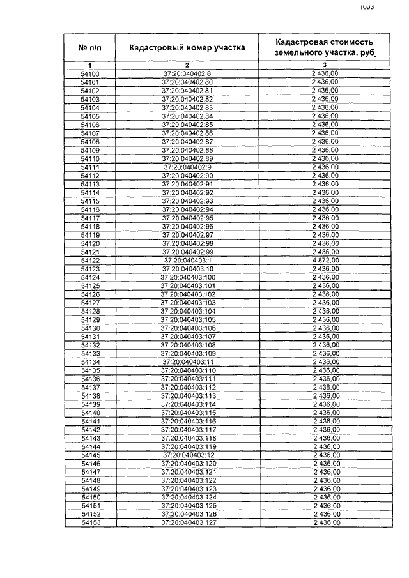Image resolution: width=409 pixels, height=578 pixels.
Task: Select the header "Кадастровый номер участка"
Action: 187,47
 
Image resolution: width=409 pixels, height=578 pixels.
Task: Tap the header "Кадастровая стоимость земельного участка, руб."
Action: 324,47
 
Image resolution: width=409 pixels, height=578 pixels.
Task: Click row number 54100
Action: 90,74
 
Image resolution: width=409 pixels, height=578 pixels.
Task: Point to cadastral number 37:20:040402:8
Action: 187,74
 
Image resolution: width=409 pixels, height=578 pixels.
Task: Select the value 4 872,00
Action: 325,261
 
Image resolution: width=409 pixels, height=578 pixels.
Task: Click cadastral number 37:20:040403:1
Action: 187,261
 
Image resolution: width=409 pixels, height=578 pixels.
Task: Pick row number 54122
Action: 90,261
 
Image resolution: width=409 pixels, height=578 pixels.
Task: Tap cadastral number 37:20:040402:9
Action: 187,167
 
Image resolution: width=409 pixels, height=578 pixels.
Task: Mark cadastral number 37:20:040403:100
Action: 188,277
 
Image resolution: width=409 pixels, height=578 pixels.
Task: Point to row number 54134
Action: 90,362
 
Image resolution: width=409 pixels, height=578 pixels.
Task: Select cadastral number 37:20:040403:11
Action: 187,362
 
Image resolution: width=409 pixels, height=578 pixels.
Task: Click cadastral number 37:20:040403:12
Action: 187,455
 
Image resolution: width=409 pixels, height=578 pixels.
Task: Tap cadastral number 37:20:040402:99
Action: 187,252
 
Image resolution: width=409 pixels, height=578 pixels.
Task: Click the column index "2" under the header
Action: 187,65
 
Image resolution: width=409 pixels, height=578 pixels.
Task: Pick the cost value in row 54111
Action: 325,167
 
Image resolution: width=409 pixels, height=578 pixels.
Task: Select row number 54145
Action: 90,455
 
